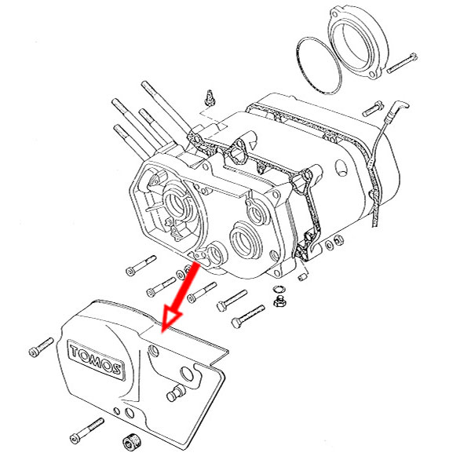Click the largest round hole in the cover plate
point(187,372)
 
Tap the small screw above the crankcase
point(209,98)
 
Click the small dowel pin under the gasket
point(303,277)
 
